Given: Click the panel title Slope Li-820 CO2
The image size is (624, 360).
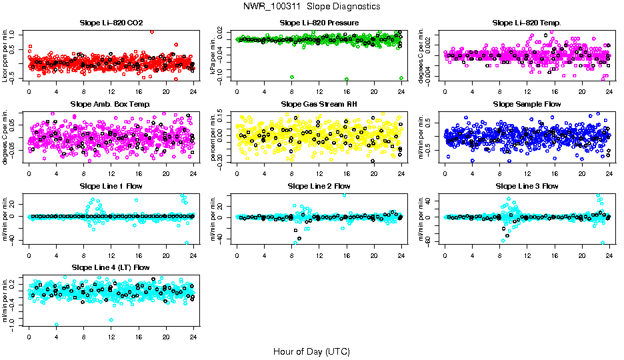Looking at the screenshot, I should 111,23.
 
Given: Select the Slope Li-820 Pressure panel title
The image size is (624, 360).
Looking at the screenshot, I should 319,23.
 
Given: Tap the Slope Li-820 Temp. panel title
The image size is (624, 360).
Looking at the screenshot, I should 527,23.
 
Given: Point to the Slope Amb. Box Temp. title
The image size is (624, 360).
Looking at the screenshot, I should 111,104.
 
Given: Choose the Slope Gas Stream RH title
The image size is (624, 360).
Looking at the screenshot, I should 319,104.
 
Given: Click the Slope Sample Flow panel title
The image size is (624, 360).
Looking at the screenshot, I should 527,104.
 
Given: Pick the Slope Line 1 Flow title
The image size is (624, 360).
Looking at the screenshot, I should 111,185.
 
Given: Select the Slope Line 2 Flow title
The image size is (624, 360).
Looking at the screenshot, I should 319,185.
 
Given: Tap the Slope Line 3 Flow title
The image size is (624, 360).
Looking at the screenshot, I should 527,185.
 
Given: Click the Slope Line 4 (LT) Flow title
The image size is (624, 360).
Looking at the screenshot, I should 111,267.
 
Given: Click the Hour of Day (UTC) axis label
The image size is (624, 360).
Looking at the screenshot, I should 311,351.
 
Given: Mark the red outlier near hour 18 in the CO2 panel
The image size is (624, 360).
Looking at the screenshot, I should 152,31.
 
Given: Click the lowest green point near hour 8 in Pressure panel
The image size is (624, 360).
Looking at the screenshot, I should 292,78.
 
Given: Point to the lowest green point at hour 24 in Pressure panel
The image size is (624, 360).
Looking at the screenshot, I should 401,78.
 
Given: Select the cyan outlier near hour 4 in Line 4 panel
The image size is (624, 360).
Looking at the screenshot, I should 57,324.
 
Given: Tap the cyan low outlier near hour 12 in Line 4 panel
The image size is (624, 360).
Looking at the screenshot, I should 111,320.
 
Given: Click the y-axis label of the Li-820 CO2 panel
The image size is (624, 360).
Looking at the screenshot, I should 6,55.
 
